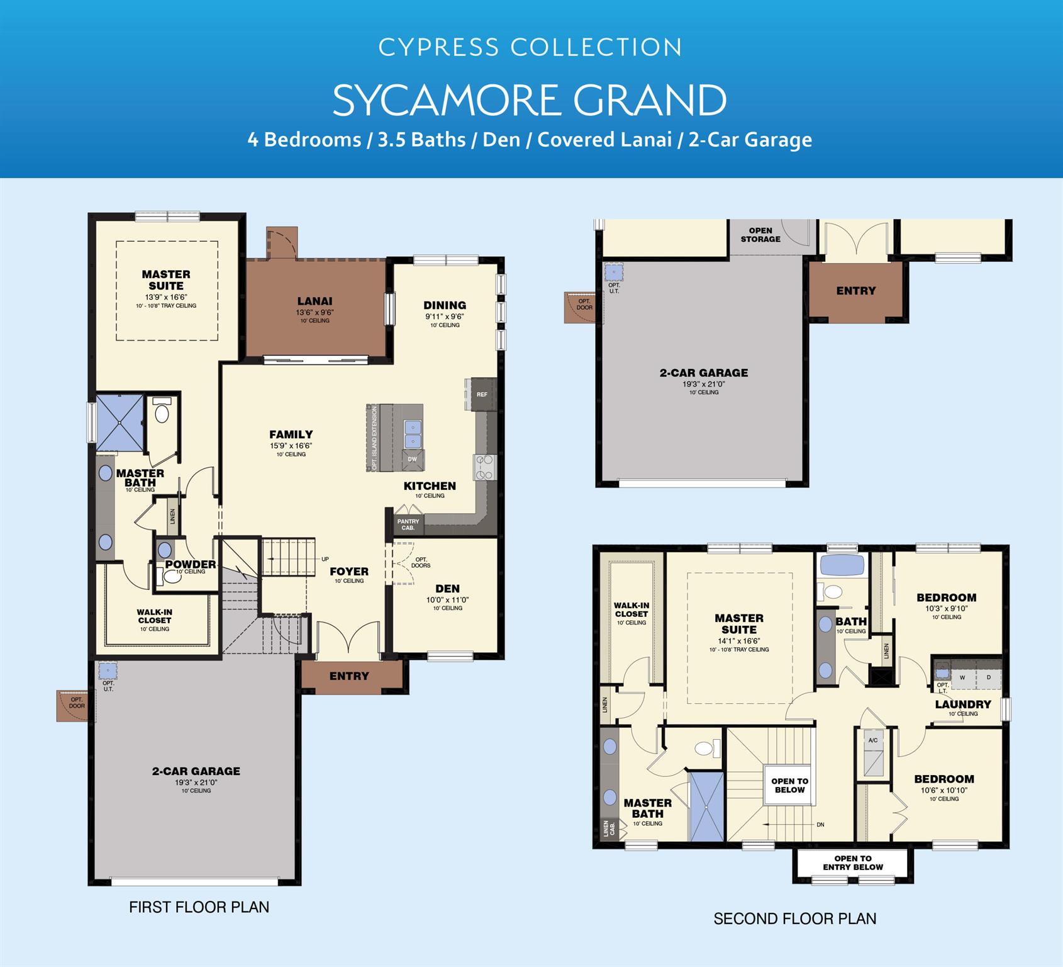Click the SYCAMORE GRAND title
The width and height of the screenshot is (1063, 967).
pyautogui.click(x=530, y=100)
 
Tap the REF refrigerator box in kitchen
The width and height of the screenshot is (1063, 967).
pyautogui.click(x=482, y=395)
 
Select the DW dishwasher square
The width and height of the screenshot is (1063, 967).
pyautogui.click(x=413, y=460)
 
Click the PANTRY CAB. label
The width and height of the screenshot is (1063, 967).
pyautogui.click(x=408, y=524)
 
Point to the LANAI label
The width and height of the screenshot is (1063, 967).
pyautogui.click(x=314, y=302)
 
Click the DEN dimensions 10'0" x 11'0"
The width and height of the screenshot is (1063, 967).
pyautogui.click(x=447, y=600)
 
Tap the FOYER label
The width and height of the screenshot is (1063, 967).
pyautogui.click(x=349, y=572)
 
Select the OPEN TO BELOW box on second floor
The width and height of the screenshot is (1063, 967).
pyautogui.click(x=789, y=785)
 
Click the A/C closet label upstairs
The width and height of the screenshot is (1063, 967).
pyautogui.click(x=873, y=740)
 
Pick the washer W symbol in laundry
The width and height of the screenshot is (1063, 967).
pyautogui.click(x=962, y=677)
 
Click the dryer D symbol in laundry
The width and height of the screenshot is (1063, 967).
pyautogui.click(x=989, y=677)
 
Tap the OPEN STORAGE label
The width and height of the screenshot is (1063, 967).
pyautogui.click(x=760, y=235)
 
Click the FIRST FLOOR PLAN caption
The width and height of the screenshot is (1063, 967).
pyautogui.click(x=199, y=907)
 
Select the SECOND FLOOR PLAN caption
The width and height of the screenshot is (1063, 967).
pyautogui.click(x=794, y=919)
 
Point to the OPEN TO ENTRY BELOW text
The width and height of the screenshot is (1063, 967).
pyautogui.click(x=853, y=862)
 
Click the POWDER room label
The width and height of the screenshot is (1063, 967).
pyautogui.click(x=191, y=564)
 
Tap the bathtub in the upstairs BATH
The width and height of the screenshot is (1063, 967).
pyautogui.click(x=842, y=565)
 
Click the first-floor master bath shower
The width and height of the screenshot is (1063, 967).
pyautogui.click(x=120, y=422)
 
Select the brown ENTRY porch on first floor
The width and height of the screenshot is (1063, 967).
pyautogui.click(x=350, y=676)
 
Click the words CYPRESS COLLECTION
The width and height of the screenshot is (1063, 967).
pyautogui.click(x=530, y=48)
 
